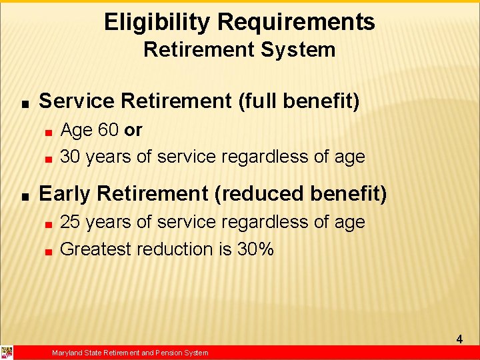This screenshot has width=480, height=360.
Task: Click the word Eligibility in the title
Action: pos(157,23)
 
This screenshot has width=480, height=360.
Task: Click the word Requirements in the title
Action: pos(296,23)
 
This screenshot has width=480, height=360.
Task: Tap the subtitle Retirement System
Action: pos(239,50)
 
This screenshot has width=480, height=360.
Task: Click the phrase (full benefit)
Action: pos(299,101)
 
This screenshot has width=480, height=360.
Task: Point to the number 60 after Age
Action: pos(108,130)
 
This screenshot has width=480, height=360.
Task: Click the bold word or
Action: pos(133,130)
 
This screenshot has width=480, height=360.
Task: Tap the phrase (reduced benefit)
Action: pos(301,193)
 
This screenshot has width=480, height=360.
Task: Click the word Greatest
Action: pos(96,249)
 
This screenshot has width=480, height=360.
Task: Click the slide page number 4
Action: pos(459,339)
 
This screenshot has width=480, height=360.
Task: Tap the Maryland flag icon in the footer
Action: pos(7,353)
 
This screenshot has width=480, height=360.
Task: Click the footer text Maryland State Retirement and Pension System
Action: pos(130,353)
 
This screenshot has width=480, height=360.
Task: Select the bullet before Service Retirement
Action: pos(24,104)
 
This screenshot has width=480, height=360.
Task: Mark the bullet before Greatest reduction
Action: pos(49,251)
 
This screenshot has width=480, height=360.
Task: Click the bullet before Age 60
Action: pos(49,132)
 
